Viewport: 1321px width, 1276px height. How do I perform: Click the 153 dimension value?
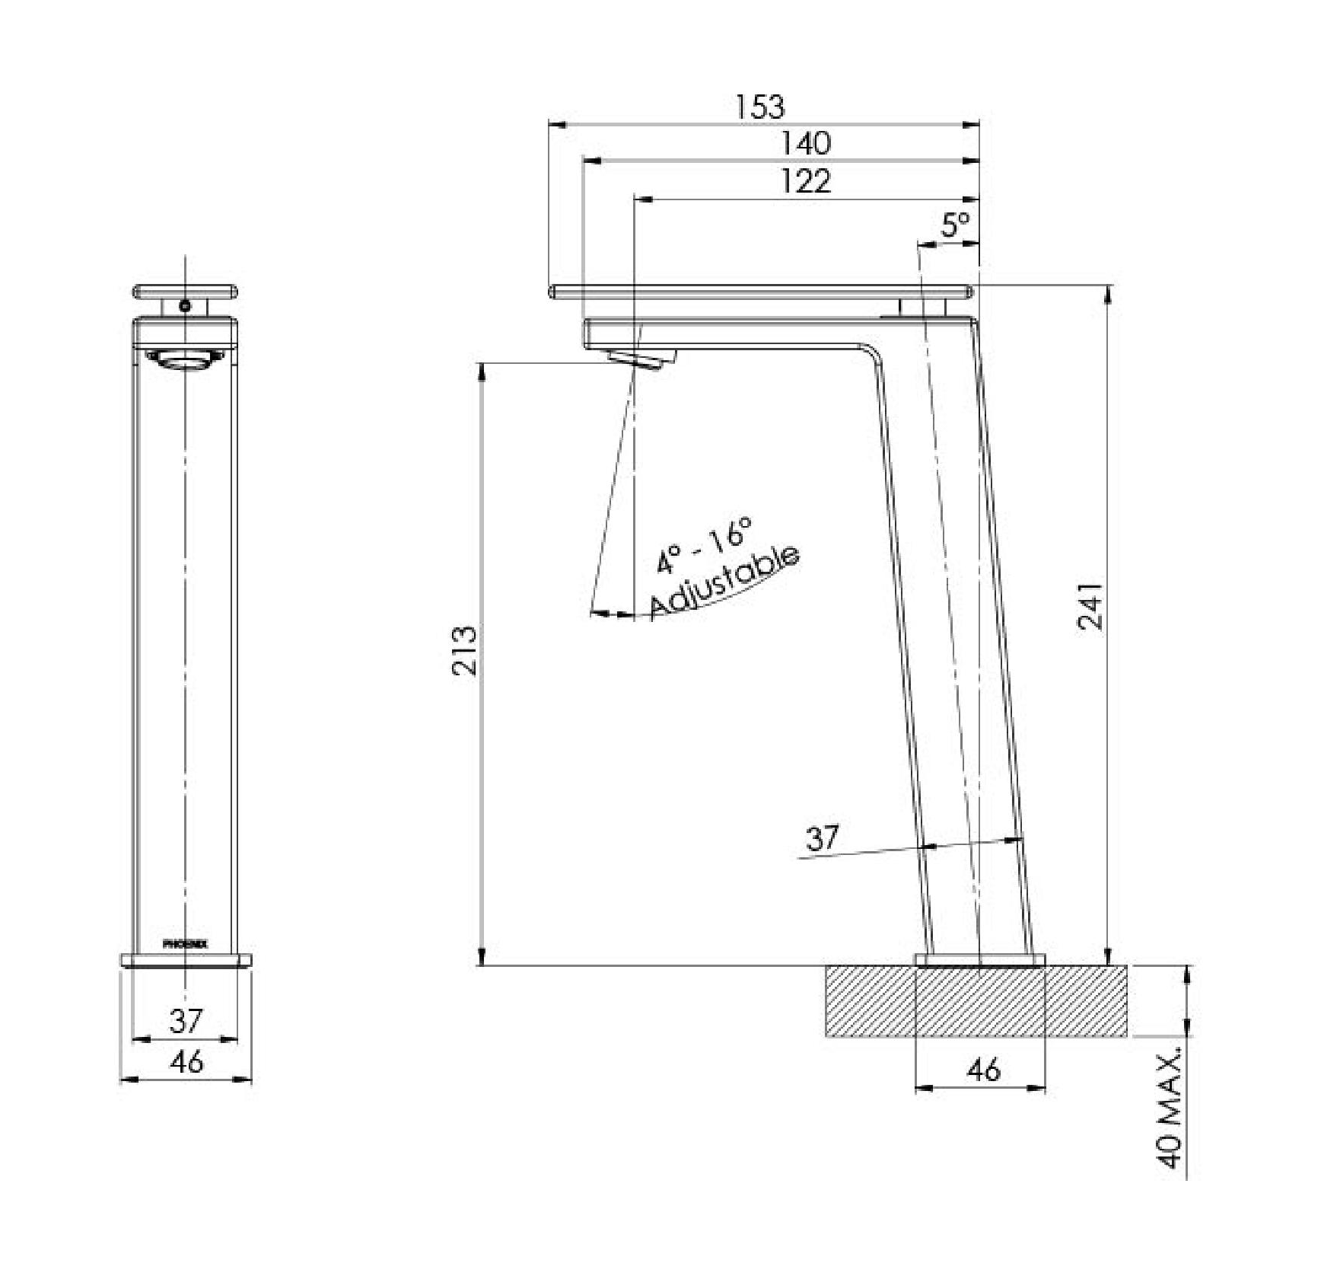click(x=760, y=107)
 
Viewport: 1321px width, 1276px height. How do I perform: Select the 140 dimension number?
click(x=807, y=143)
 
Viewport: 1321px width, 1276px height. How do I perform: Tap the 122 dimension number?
click(x=807, y=181)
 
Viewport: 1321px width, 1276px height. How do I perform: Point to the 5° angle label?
click(x=956, y=225)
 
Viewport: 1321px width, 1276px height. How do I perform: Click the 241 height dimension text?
click(x=1090, y=606)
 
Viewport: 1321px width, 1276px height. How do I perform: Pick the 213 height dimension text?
click(x=465, y=650)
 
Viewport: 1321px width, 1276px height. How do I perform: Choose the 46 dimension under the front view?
click(x=186, y=1061)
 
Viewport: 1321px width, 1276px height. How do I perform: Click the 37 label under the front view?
click(x=186, y=1021)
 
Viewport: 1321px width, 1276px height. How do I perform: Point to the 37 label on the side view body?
click(x=822, y=837)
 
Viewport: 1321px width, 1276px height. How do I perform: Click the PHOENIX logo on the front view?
click(x=185, y=943)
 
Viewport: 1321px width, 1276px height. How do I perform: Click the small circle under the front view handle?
click(x=185, y=306)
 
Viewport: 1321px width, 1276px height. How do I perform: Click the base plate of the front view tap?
click(x=186, y=959)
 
